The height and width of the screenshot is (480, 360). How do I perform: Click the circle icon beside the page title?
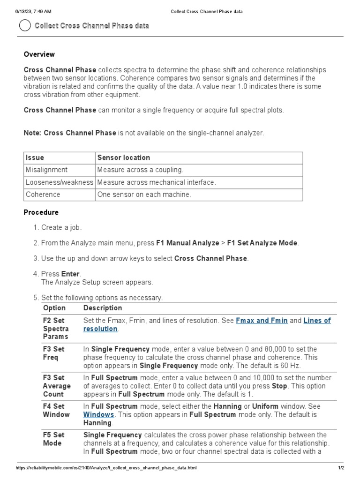(24, 26)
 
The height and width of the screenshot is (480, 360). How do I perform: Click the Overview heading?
(39, 54)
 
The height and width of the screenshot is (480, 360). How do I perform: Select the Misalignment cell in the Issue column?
(46, 170)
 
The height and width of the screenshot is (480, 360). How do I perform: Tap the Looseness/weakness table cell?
(60, 182)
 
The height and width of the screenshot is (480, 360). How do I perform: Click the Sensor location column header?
(123, 157)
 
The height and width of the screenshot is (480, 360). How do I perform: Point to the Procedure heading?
(41, 212)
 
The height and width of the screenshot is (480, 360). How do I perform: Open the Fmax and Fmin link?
(262, 321)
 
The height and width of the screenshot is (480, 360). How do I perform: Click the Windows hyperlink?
(98, 415)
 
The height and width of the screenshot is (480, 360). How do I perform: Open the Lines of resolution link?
(317, 321)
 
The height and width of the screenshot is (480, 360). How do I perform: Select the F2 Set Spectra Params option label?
(55, 329)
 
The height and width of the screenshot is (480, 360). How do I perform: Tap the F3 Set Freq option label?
(53, 353)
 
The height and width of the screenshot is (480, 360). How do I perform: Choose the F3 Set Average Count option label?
(56, 386)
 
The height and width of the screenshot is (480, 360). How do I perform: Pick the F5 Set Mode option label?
(53, 439)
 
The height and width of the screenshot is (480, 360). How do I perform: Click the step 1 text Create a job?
(61, 227)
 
